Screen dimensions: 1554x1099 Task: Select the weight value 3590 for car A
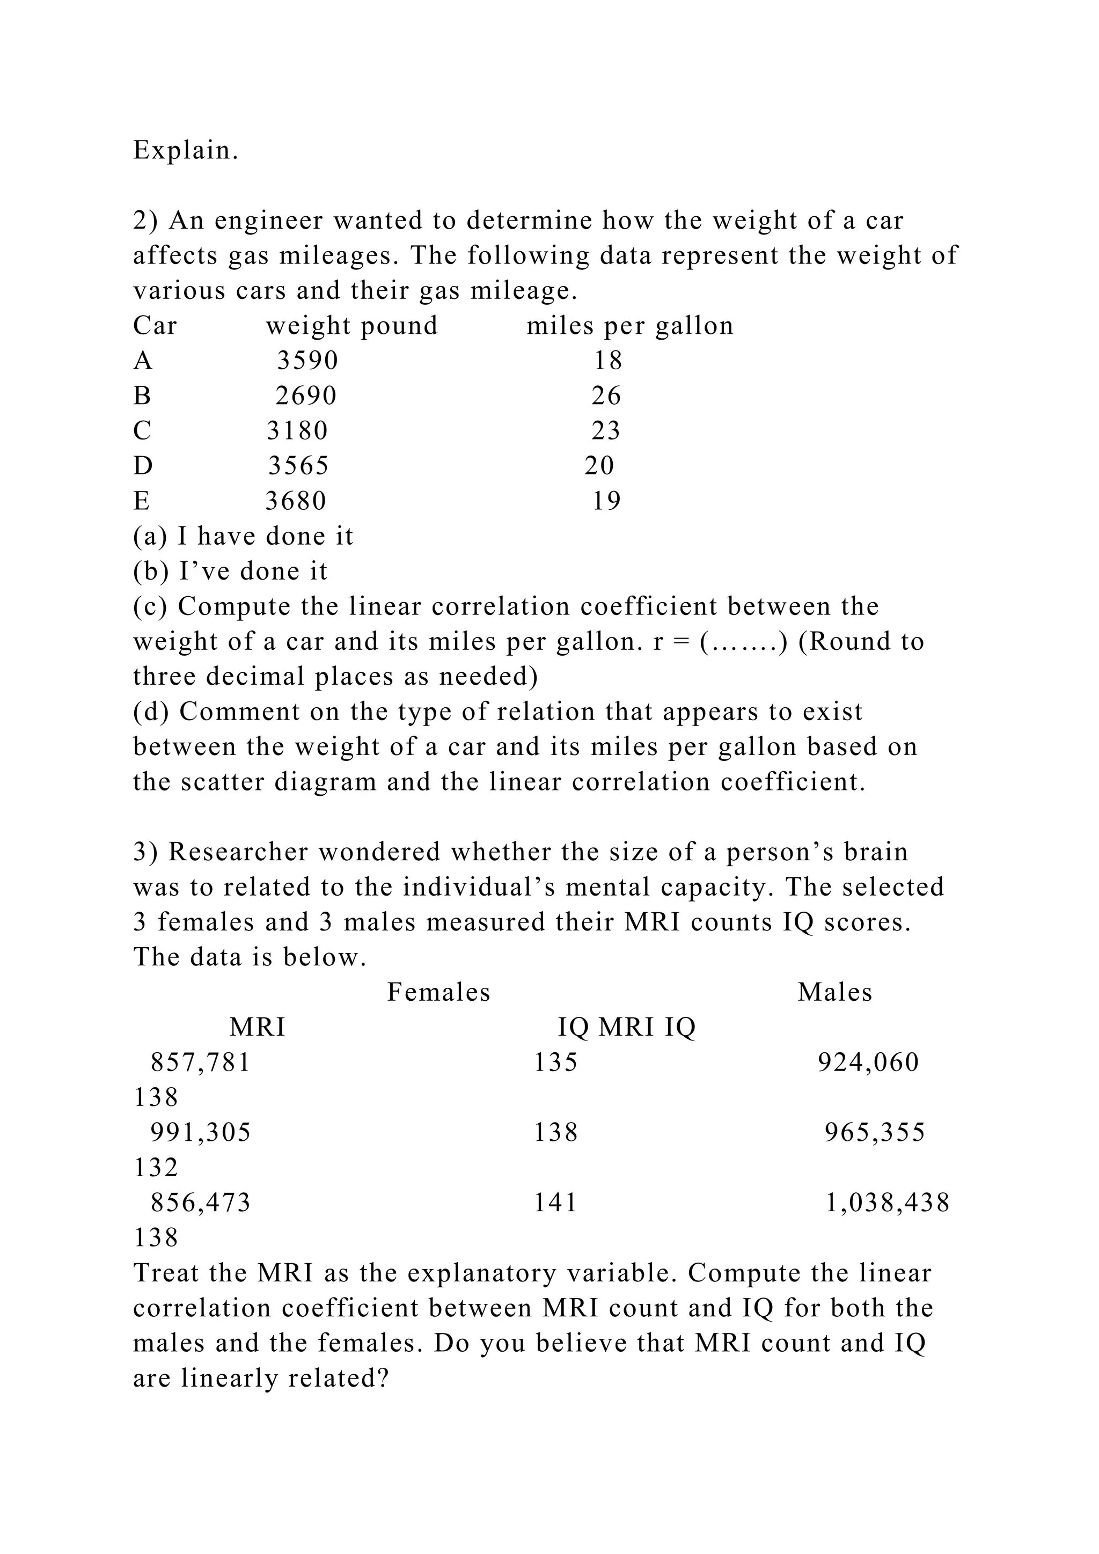(307, 361)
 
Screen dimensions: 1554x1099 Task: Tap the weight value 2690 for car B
(306, 396)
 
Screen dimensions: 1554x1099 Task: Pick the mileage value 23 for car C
(606, 431)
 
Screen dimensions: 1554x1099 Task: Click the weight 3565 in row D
(298, 466)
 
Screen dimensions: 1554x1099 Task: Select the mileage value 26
(606, 396)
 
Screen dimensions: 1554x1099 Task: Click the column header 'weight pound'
(352, 326)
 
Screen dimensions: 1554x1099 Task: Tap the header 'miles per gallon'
(630, 326)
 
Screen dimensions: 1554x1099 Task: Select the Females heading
(438, 992)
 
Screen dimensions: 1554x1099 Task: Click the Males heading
(834, 992)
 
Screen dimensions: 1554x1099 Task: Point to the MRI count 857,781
(200, 1062)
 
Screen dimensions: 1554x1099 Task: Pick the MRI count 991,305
(200, 1132)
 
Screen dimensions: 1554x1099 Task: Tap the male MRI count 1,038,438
(888, 1203)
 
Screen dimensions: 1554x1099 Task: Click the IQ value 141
(555, 1203)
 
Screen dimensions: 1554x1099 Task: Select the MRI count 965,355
(874, 1132)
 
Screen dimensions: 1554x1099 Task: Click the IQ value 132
(156, 1168)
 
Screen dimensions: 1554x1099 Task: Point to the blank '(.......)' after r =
(744, 642)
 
